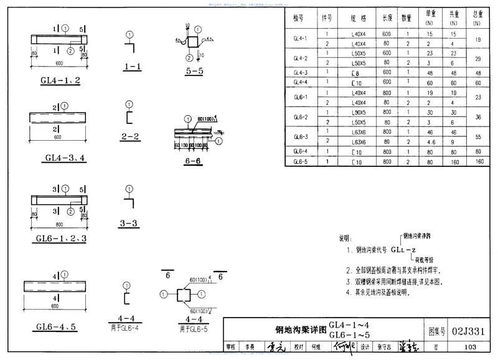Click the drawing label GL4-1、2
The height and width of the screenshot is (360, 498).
[59, 81]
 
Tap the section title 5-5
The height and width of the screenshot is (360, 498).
[194, 71]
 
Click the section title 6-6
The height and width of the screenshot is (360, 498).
[194, 161]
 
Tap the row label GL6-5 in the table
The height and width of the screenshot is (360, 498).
[301, 161]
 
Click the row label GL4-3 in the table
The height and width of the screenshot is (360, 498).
[301, 72]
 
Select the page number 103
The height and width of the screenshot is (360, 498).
[470, 347]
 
